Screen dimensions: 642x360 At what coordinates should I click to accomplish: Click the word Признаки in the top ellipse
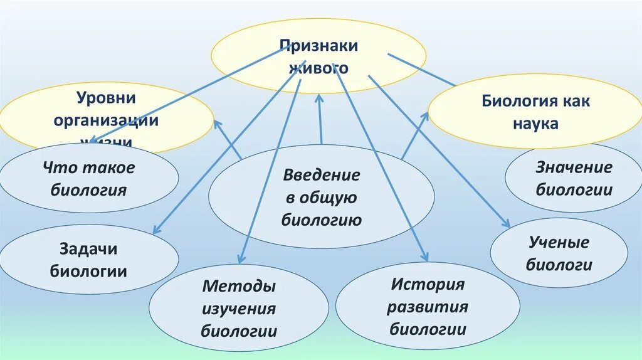click(319, 46)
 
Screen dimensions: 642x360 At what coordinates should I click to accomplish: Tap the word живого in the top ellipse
click(319, 67)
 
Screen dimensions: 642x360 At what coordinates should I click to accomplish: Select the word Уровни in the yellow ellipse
click(106, 98)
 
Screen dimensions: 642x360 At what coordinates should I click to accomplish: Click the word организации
click(106, 120)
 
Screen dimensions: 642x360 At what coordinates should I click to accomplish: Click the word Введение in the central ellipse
click(321, 174)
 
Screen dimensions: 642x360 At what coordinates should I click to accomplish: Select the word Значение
click(574, 167)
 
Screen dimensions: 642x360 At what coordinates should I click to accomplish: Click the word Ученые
click(559, 242)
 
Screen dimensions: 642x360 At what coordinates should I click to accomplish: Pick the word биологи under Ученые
click(559, 264)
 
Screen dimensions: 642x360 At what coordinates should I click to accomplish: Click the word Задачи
click(89, 249)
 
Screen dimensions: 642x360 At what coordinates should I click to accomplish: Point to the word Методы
click(239, 287)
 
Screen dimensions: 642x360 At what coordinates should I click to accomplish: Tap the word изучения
click(239, 309)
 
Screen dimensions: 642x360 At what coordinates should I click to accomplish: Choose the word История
click(428, 284)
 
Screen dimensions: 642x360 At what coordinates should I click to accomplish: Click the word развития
click(428, 307)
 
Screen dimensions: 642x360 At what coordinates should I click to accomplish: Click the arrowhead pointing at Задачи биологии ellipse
click(155, 231)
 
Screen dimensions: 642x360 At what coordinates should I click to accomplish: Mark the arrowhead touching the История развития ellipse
click(426, 257)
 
